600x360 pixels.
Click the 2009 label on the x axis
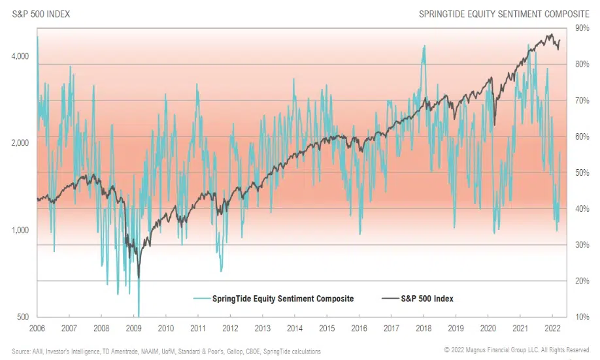pyautogui.click(x=133, y=329)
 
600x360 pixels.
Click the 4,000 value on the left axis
pyautogui.click(x=21, y=56)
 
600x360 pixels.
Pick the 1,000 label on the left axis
pyautogui.click(x=21, y=230)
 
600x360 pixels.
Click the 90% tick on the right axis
pyautogui.click(x=582, y=27)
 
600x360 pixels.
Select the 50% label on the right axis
pyautogui.click(x=582, y=172)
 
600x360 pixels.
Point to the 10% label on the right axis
pyautogui.click(x=582, y=317)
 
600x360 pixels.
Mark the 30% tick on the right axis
pyautogui.click(x=582, y=245)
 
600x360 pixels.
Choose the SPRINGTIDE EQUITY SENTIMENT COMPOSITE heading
pyautogui.click(x=504, y=13)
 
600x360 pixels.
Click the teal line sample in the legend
pyautogui.click(x=201, y=299)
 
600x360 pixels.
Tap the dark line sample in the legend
pyautogui.click(x=390, y=299)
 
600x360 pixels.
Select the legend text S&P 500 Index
pyautogui.click(x=428, y=299)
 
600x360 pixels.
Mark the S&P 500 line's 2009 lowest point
pyautogui.click(x=139, y=278)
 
